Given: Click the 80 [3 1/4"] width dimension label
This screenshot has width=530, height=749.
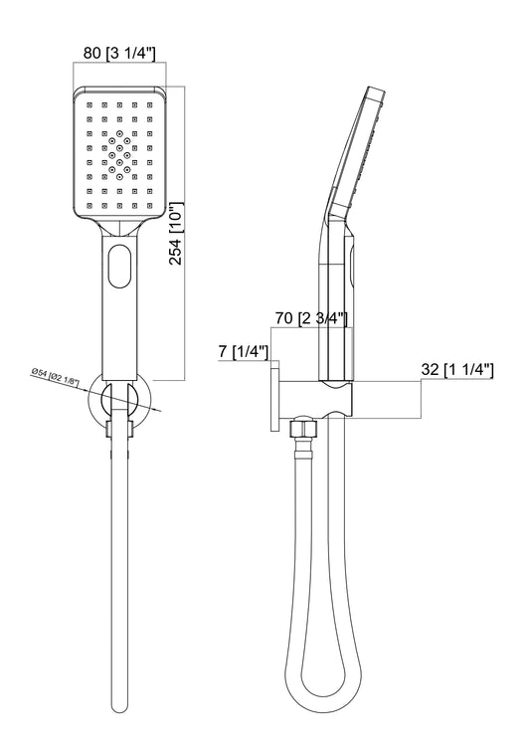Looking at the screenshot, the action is point(119,53).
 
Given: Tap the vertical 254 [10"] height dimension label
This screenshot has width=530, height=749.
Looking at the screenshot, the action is point(175,234).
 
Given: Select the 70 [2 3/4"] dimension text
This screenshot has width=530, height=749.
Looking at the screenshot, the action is point(311,318).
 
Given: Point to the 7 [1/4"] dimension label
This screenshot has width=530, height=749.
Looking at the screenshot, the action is point(243,352).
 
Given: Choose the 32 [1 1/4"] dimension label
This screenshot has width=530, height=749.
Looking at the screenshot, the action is point(457,370).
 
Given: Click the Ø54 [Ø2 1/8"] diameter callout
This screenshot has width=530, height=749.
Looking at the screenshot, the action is point(55,377).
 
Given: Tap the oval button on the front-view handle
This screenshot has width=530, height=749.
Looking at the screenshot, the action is point(119,266).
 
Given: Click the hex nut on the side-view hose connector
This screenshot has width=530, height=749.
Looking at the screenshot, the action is point(301,427).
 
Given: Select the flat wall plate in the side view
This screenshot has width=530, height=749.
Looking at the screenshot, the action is point(275,396).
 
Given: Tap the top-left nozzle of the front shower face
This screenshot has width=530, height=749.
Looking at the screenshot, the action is point(89,103).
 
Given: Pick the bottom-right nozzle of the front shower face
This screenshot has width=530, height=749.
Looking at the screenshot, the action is point(149,205).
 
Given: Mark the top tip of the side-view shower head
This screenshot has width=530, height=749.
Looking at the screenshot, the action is point(375,89).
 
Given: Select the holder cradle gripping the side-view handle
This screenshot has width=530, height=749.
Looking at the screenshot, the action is point(337,399).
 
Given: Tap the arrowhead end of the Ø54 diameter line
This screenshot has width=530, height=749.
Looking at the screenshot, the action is point(159,410).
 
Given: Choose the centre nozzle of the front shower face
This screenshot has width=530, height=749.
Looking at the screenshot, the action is point(119,155).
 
